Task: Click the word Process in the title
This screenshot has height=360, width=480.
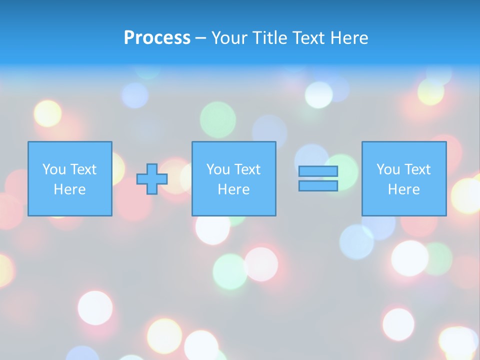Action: pyautogui.click(x=157, y=38)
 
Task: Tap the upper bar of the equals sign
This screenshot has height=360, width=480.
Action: pyautogui.click(x=318, y=171)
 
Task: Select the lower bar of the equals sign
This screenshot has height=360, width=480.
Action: pyautogui.click(x=318, y=185)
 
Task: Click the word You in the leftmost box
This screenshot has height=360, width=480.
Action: pyautogui.click(x=54, y=169)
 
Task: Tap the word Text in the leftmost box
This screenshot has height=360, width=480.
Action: pyautogui.click(x=83, y=169)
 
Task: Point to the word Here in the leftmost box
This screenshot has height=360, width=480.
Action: pyautogui.click(x=70, y=189)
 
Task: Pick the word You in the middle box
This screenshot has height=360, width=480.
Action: pyautogui.click(x=218, y=169)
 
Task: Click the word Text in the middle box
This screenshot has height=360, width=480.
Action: pyautogui.click(x=247, y=169)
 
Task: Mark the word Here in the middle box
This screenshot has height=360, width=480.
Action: pyautogui.click(x=233, y=189)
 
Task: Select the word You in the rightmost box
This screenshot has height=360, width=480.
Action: pyautogui.click(x=388, y=169)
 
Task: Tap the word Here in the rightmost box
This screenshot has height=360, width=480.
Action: pyautogui.click(x=404, y=189)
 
